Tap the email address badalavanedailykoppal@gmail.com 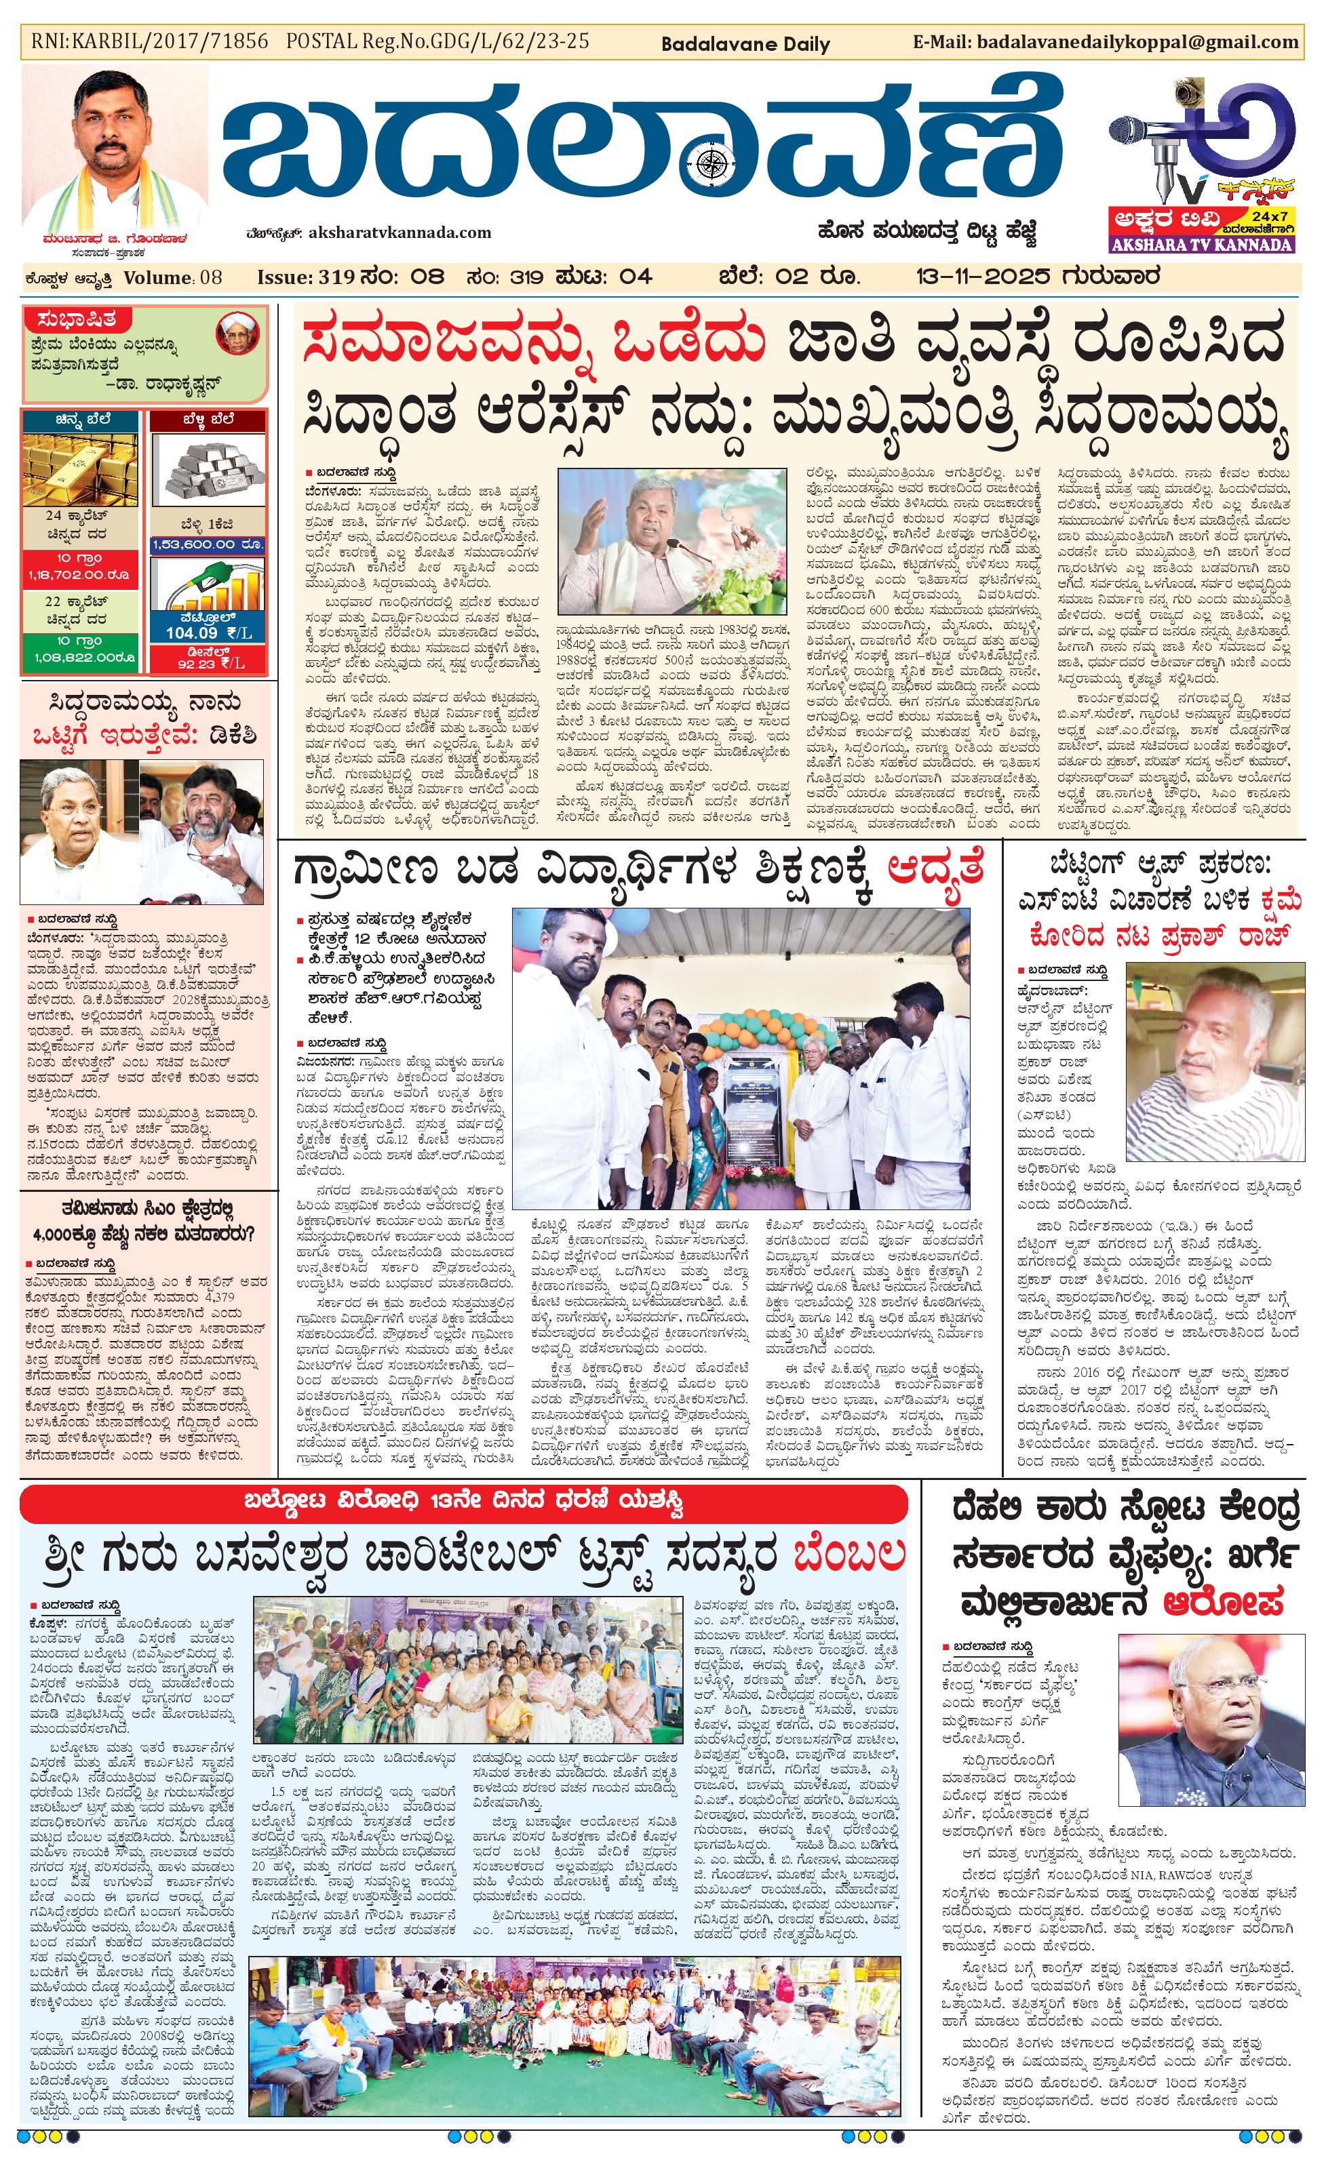pyautogui.click(x=1137, y=42)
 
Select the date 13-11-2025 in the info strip pyautogui.click(x=982, y=277)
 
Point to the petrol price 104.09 pyautogui.click(x=191, y=633)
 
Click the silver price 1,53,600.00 pyautogui.click(x=207, y=544)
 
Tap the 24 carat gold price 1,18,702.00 pyautogui.click(x=80, y=575)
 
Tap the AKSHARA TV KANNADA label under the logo pyautogui.click(x=1201, y=245)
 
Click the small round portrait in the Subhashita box pyautogui.click(x=237, y=334)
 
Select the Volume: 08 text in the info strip pyautogui.click(x=173, y=277)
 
